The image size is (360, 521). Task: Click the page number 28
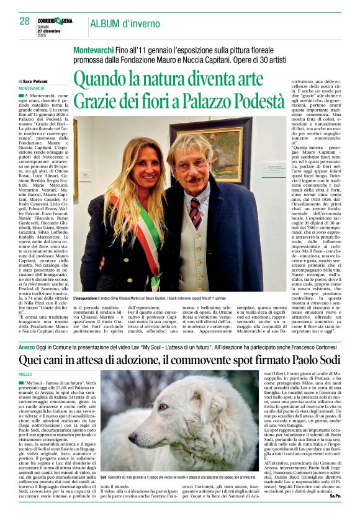[24, 22]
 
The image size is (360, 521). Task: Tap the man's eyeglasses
[192, 165]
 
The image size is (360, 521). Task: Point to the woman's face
[138, 170]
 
